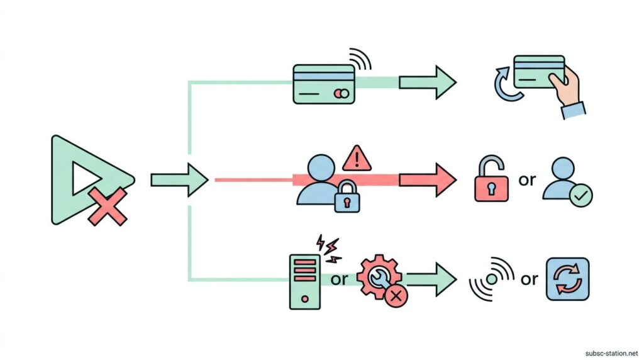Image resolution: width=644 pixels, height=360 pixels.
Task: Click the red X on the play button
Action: pos(108,206)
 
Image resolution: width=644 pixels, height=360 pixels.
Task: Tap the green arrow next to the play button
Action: pos(179,180)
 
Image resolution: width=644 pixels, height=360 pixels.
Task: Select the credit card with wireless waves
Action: pos(325,84)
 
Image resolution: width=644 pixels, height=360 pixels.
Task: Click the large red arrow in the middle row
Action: pos(428,179)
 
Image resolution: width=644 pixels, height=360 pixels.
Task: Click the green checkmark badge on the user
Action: pos(580,196)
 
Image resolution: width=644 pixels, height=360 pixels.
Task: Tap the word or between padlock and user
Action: pos(527,180)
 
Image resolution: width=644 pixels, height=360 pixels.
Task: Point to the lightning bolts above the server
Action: pos(330,247)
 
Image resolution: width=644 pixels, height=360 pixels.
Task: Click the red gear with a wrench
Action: pos(377,278)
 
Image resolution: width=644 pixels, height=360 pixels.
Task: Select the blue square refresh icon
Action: pos(568,278)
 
